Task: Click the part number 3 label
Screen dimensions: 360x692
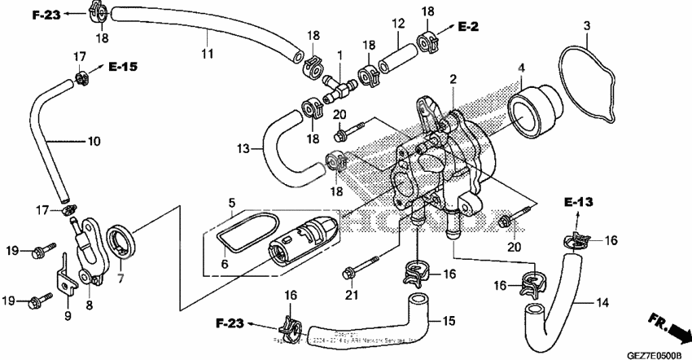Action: [x=585, y=31]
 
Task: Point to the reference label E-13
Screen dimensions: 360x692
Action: [x=576, y=202]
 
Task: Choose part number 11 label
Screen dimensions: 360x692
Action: [x=207, y=54]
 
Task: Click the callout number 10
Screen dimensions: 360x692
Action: [x=94, y=141]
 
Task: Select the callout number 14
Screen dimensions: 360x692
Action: [x=602, y=304]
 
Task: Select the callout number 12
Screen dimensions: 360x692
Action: [x=398, y=25]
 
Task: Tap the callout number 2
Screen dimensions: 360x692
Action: [x=453, y=78]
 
